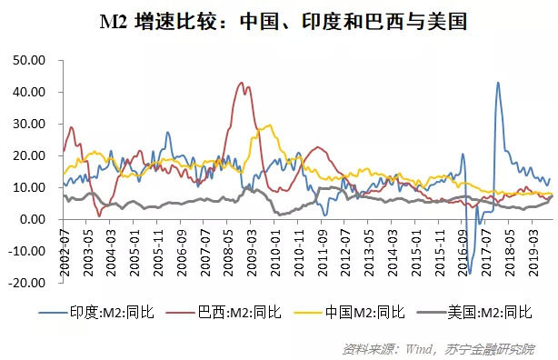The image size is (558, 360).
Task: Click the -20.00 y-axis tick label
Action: pyautogui.click(x=28, y=283)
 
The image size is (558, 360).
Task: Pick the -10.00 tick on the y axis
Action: pyautogui.click(x=28, y=251)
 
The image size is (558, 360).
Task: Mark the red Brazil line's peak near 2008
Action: pyautogui.click(x=241, y=83)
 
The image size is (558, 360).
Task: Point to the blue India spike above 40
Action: pyautogui.click(x=497, y=83)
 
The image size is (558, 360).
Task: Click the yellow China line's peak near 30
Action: pyautogui.click(x=267, y=125)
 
